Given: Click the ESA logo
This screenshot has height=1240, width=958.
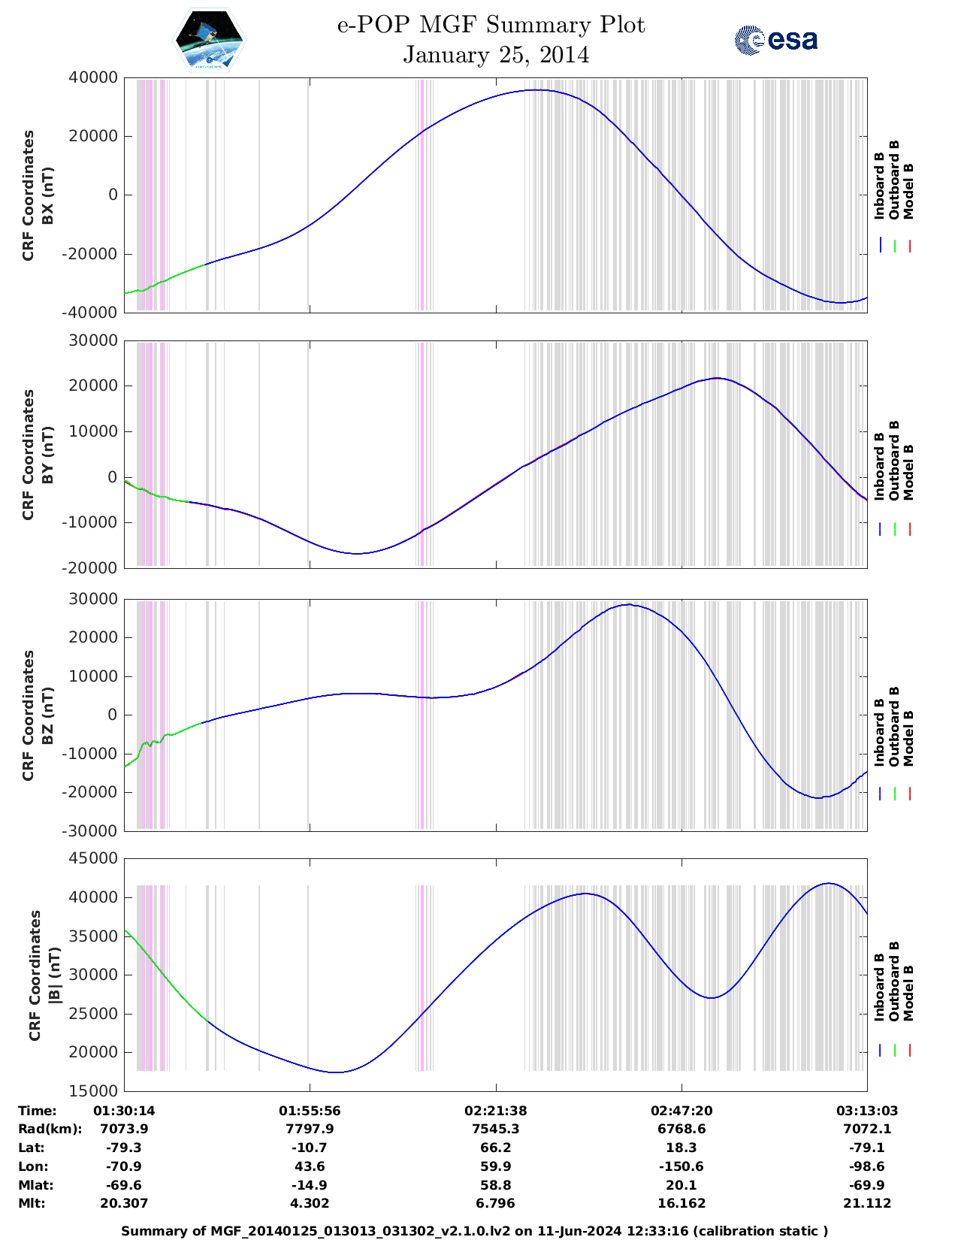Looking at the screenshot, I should click(776, 40).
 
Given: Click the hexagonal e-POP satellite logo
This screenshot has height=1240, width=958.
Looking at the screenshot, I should click(209, 40).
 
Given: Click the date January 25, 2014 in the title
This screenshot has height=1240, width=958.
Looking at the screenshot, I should click(496, 55).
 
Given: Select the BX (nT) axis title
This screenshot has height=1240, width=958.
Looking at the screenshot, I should click(47, 195).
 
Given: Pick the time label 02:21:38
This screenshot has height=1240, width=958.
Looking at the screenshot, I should click(496, 1111).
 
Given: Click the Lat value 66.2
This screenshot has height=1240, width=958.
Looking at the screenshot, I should click(496, 1148).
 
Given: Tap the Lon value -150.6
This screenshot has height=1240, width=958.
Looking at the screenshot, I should click(681, 1166).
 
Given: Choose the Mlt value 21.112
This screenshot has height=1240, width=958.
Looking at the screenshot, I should click(867, 1203).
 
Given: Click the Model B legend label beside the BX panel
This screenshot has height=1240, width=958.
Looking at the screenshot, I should click(908, 191).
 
